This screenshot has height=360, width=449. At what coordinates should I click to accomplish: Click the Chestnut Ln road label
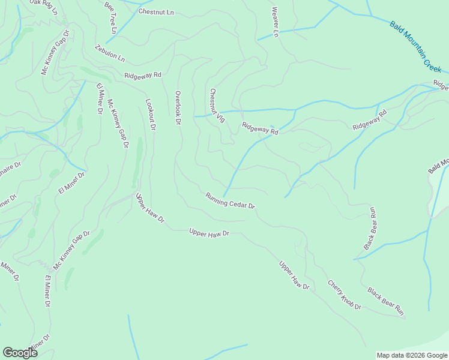click(155, 11)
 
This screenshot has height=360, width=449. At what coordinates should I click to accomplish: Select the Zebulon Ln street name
click(109, 53)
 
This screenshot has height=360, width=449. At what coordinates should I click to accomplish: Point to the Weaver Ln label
click(275, 22)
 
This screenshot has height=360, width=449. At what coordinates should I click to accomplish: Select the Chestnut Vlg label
click(217, 106)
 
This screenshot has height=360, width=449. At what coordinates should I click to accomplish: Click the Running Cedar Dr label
click(230, 200)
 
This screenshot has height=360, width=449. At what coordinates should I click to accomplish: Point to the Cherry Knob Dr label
click(344, 295)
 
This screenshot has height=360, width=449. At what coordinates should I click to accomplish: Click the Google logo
click(20, 352)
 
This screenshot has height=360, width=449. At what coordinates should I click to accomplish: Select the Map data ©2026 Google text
click(412, 355)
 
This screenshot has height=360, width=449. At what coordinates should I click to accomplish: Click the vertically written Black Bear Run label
click(370, 228)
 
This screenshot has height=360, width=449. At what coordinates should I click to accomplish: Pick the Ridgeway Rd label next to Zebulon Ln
click(143, 75)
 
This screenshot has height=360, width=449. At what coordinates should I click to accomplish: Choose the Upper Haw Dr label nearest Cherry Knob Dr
click(294, 275)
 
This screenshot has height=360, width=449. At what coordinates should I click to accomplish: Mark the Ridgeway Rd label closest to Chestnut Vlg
click(260, 128)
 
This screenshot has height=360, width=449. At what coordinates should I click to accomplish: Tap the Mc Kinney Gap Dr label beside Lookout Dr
click(117, 123)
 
